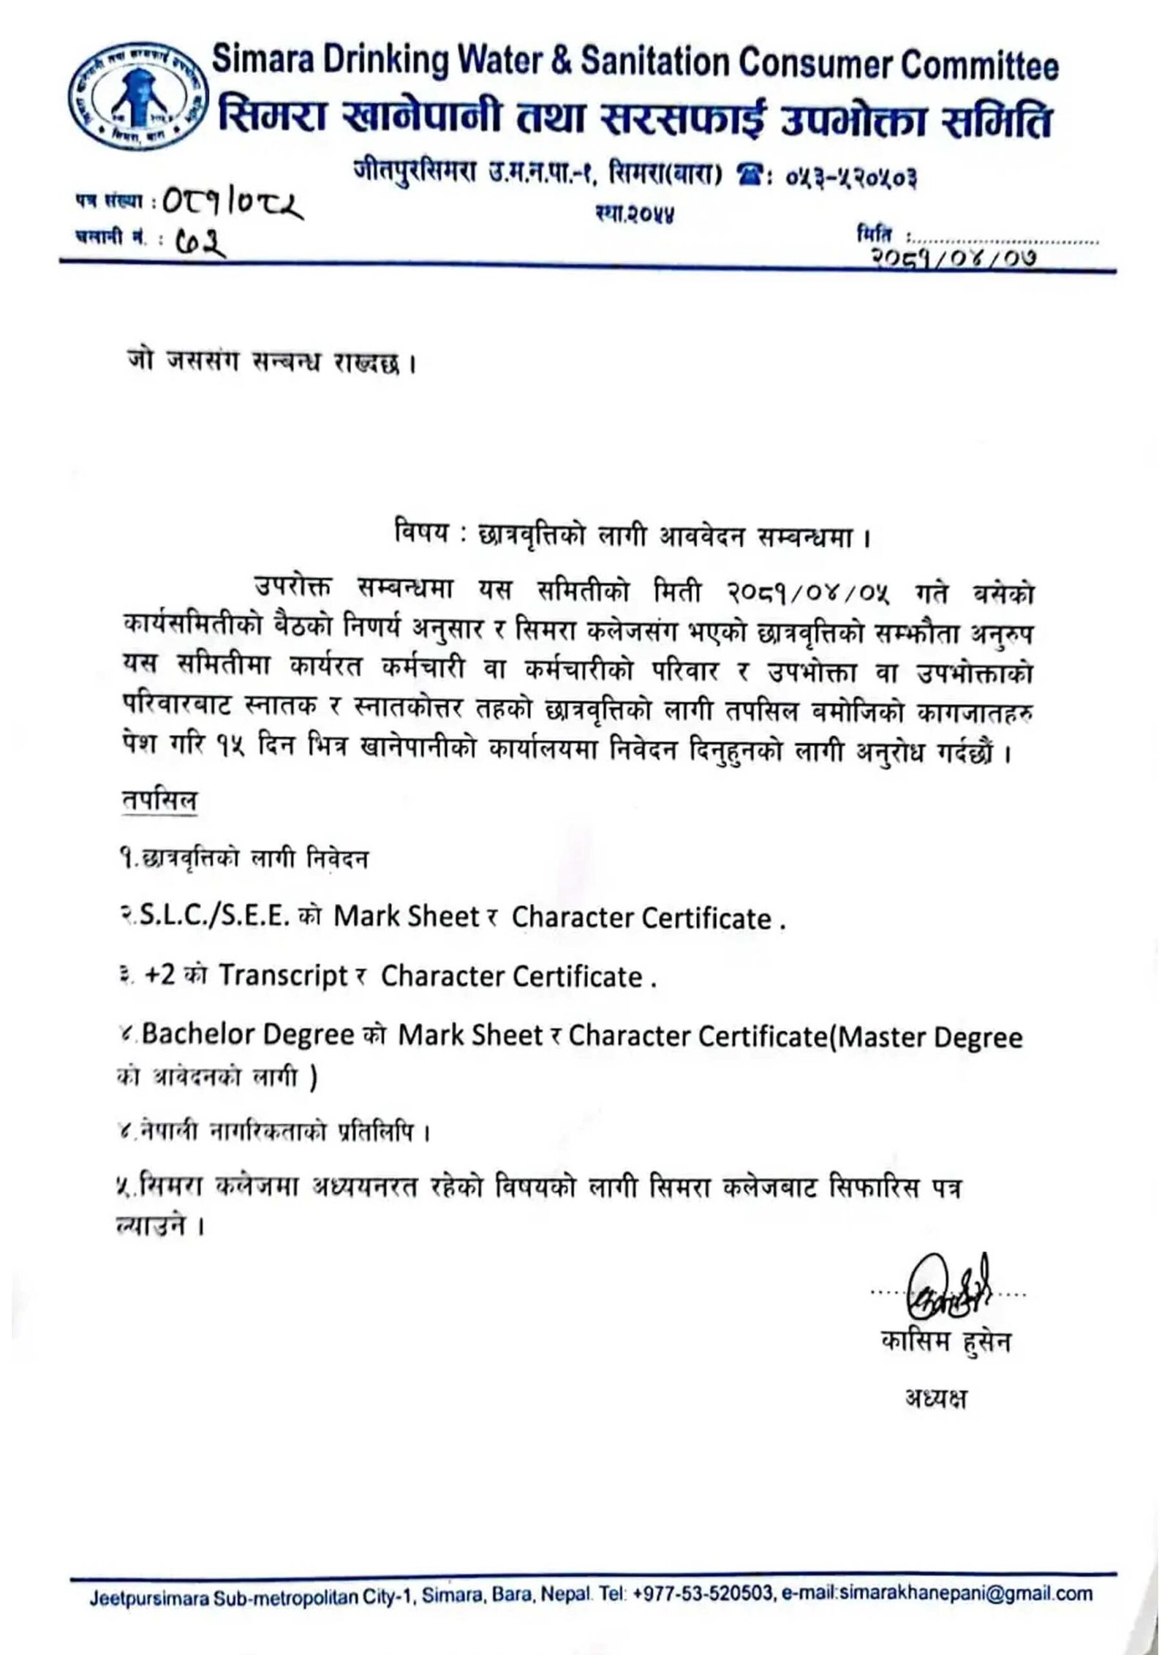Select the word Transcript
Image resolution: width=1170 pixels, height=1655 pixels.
click(283, 976)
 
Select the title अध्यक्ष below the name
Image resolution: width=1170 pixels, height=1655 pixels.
click(935, 1399)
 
